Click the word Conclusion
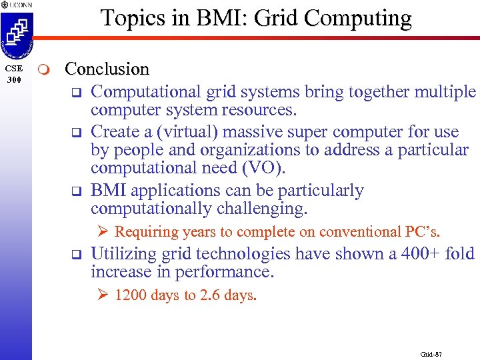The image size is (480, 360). [x=107, y=69]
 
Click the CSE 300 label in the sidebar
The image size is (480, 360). [x=15, y=74]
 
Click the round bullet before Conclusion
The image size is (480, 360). [x=44, y=69]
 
